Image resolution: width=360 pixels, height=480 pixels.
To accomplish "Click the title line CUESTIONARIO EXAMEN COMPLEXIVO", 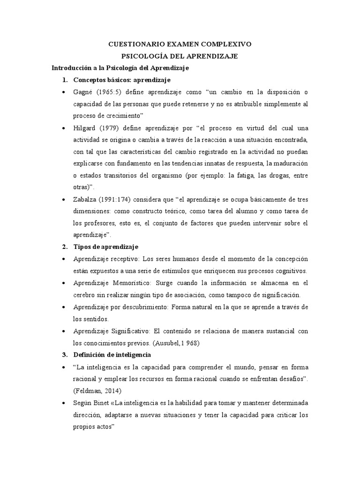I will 180,44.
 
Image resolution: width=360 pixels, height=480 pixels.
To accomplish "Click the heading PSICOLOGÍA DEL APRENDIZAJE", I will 180,56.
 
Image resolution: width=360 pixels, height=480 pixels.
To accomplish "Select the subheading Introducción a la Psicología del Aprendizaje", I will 120,68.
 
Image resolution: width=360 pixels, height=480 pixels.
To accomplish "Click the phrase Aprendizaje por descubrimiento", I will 114,307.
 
